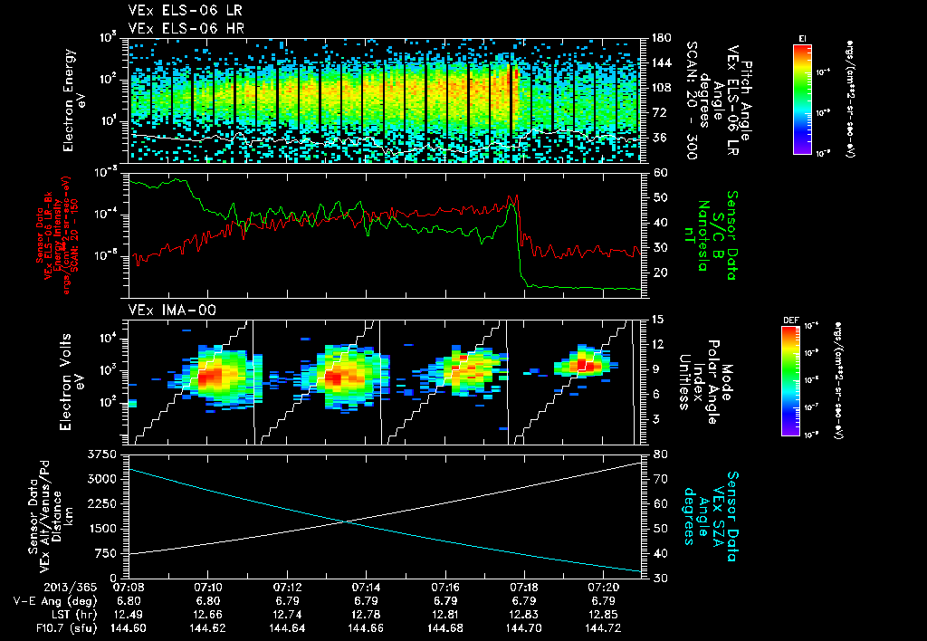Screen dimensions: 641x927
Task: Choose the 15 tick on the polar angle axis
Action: coord(656,320)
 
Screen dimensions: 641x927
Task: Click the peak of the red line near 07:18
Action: coord(514,196)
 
